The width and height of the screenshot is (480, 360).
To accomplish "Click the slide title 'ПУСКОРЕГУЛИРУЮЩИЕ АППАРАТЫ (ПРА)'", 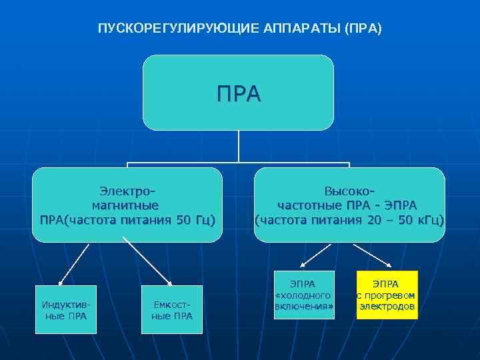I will click(239, 29).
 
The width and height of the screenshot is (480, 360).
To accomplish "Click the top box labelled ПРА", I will click(239, 93).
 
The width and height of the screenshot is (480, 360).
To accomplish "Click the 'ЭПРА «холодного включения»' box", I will click(303, 294).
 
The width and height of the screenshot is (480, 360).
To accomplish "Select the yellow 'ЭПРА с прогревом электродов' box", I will click(387, 294).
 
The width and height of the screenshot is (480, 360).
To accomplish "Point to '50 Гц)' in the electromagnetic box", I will click(195, 219).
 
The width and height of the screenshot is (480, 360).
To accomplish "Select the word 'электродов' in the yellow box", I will click(387, 307).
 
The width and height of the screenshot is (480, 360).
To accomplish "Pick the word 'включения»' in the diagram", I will click(304, 307).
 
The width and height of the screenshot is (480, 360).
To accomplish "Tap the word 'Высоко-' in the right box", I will click(349, 191).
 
